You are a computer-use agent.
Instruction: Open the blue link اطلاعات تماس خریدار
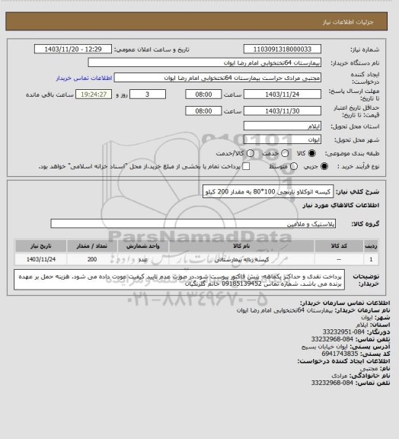tap(84, 78)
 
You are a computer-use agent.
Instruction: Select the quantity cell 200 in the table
tap(91, 260)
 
